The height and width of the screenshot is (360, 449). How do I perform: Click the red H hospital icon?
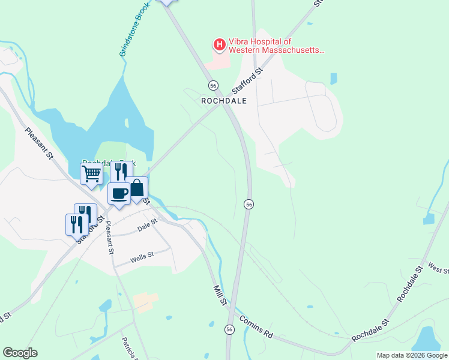tap(220, 44)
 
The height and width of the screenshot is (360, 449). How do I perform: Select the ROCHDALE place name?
tap(224, 101)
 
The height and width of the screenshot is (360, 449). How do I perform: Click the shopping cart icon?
tap(91, 174)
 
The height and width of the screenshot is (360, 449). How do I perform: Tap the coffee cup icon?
tap(119, 194)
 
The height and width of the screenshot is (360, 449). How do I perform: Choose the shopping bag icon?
tap(137, 188)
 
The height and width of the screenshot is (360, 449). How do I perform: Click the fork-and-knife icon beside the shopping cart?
tap(121, 172)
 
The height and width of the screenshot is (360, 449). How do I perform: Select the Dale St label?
tap(147, 225)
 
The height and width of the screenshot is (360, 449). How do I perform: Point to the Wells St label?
tap(143, 258)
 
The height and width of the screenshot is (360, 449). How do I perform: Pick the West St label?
tap(438, 267)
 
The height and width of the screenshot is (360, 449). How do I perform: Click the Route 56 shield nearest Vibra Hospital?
tap(213, 85)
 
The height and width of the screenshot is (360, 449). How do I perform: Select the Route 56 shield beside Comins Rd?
tap(229, 329)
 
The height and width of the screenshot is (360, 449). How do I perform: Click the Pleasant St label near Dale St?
tap(109, 238)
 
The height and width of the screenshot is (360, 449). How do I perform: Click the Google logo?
tap(20, 353)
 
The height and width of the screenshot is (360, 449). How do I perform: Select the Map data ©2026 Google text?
tap(412, 355)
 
